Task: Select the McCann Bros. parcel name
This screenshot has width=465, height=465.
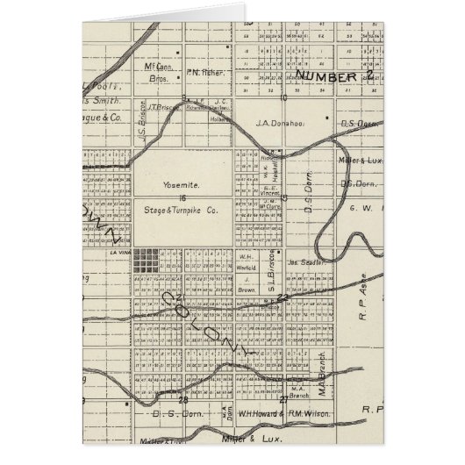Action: pos(158,71)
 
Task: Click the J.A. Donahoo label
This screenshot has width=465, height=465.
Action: pos(281,124)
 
